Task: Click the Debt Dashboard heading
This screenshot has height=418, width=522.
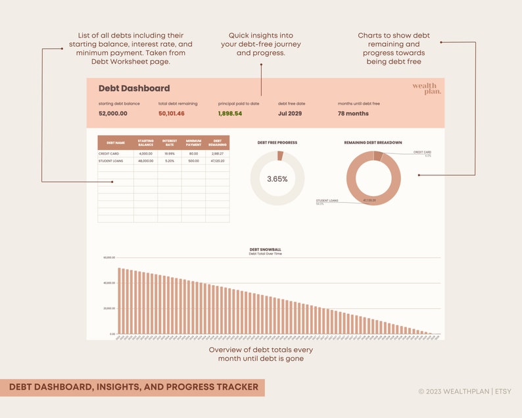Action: click(x=134, y=88)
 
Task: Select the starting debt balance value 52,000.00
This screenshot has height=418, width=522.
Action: click(x=113, y=113)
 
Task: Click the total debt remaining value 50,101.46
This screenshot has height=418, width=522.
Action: click(x=172, y=113)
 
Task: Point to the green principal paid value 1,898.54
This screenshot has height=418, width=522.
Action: click(x=230, y=113)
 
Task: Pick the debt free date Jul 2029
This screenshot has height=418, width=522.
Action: click(x=291, y=113)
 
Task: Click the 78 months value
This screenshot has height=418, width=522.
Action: click(x=353, y=113)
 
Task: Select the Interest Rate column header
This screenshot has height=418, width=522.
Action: click(x=170, y=142)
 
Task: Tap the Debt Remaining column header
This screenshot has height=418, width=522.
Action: click(x=218, y=142)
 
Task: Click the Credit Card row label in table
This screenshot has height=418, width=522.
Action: click(x=108, y=153)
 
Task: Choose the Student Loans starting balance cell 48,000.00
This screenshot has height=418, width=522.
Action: click(x=145, y=161)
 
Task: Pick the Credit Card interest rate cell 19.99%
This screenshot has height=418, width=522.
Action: click(x=170, y=153)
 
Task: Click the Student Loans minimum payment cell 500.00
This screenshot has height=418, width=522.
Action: click(x=193, y=161)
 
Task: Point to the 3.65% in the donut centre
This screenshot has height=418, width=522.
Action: click(x=277, y=178)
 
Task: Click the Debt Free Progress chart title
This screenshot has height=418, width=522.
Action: click(x=277, y=142)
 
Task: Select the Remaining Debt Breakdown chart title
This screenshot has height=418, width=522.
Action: click(x=373, y=142)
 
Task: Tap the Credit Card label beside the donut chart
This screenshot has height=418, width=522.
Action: click(x=422, y=152)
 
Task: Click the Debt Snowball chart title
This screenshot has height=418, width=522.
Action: click(x=265, y=249)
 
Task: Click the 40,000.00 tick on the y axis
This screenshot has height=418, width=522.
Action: click(x=108, y=283)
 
